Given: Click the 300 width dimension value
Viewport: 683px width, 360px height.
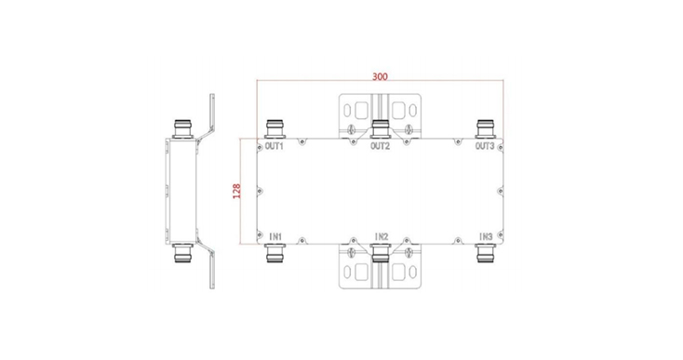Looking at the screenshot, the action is (380, 76).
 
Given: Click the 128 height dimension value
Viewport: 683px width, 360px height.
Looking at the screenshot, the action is (236, 191).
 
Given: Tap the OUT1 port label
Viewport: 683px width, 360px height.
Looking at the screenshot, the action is (274, 146).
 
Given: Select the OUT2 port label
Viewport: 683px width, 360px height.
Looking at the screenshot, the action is (380, 146).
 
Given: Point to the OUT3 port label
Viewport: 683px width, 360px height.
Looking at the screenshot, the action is (485, 146).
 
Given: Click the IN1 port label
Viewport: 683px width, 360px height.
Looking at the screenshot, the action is (275, 237).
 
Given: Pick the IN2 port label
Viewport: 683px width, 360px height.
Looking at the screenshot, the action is (382, 237).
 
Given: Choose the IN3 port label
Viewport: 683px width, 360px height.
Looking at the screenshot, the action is (486, 237).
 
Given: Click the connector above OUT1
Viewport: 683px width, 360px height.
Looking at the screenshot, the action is (275, 129).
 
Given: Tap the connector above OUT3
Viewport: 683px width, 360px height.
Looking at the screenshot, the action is (486, 129).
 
